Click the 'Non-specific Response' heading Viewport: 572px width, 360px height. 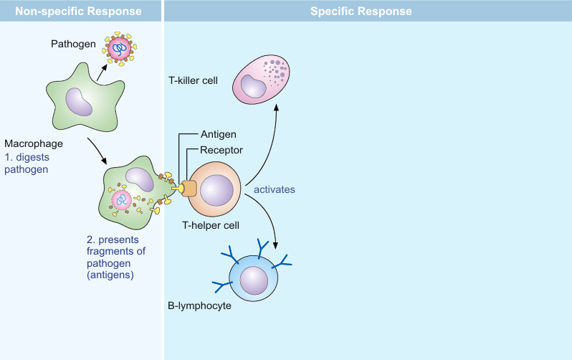point(80,11)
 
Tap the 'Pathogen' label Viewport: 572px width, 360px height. point(73,44)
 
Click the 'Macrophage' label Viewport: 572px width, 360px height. point(29,143)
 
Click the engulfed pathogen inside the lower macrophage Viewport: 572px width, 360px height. point(123,200)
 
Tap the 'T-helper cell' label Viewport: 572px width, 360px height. point(210,225)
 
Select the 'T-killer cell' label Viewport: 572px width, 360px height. point(194,80)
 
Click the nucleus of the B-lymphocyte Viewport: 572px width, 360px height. point(253,280)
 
